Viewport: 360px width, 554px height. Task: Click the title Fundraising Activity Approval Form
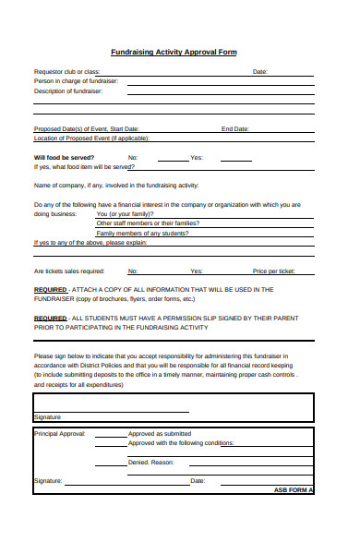pos(174,53)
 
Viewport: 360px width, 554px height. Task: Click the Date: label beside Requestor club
pos(260,71)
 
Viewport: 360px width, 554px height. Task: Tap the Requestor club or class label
pos(67,71)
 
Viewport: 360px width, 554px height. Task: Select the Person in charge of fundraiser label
pos(76,81)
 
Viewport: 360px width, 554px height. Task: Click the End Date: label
pos(234,128)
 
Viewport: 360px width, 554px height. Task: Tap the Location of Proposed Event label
pos(91,138)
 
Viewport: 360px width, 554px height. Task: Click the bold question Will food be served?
pos(64,158)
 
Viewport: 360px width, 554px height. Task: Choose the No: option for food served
pos(133,158)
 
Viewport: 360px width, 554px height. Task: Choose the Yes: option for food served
pos(196,158)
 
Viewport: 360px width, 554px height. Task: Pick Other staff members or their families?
pos(148,223)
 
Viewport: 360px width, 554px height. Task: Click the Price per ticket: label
pos(274,271)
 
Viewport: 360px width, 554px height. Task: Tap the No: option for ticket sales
pos(133,271)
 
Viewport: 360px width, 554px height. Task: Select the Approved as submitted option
pos(160,433)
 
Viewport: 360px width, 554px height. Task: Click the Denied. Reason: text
pos(150,462)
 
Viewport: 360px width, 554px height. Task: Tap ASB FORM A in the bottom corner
pos(294,489)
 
